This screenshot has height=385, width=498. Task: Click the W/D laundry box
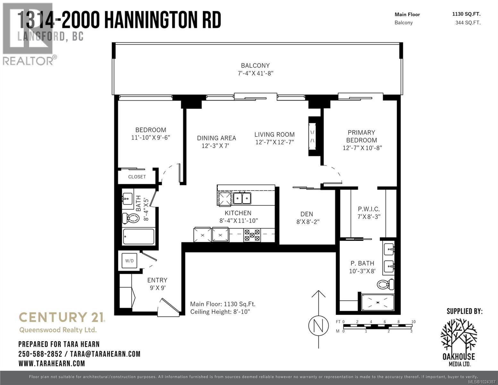click(130, 261)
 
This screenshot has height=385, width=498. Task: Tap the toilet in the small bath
click(131, 218)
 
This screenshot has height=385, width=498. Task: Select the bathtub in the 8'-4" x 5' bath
click(139, 237)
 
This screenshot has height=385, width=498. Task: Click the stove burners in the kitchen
click(252, 235)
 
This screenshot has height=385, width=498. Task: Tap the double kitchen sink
click(242, 198)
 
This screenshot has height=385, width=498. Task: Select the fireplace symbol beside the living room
click(312, 136)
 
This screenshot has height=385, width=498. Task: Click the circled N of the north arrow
click(318, 326)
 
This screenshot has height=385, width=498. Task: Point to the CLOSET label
click(137, 177)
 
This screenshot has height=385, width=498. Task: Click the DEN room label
click(307, 214)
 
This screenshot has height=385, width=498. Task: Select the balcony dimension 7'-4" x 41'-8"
click(255, 73)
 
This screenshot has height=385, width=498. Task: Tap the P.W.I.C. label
click(369, 209)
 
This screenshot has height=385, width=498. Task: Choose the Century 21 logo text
click(62, 317)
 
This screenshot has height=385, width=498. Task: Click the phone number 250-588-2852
click(40, 354)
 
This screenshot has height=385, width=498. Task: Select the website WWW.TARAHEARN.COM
click(52, 363)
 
